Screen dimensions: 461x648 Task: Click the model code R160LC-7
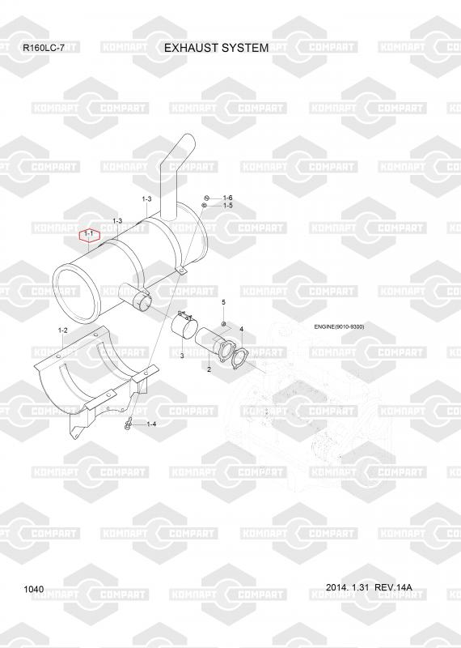tap(44, 48)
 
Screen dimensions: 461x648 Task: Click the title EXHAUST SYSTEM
tap(216, 48)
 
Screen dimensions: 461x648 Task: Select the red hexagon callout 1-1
tap(90, 235)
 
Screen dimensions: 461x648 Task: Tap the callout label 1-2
tap(63, 330)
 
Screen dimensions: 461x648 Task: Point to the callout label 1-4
tap(151, 424)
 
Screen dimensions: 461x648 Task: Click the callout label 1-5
tap(228, 206)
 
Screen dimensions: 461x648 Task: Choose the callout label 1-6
tap(228, 198)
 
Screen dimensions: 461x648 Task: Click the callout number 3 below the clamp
tap(182, 356)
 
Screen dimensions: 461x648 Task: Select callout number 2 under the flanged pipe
tap(209, 369)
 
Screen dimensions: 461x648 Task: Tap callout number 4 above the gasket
tap(242, 329)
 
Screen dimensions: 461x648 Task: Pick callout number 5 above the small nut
tap(224, 302)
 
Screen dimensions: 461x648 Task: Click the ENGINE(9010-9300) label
tap(339, 327)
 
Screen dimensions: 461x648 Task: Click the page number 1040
tap(34, 589)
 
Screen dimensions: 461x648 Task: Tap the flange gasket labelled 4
tap(239, 357)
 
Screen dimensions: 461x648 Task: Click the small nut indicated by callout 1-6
tap(208, 198)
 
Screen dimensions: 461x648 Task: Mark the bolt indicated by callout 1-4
tap(128, 424)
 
